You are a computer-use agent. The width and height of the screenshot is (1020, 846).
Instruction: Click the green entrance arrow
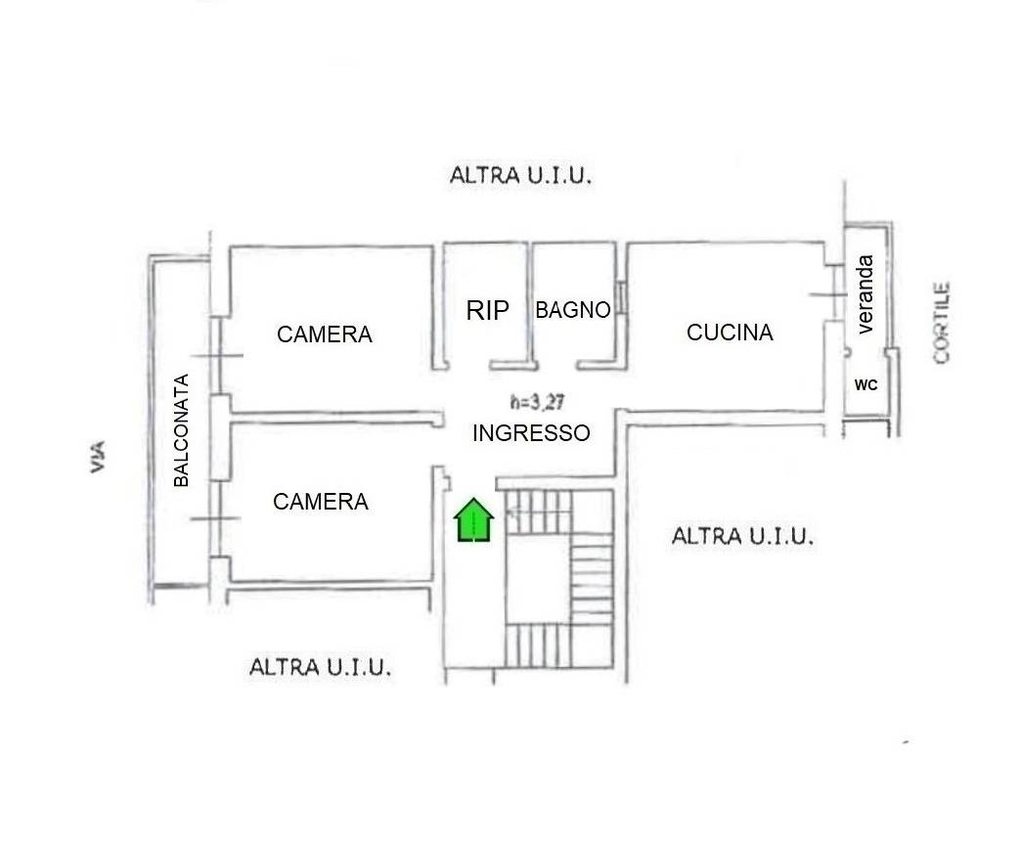coord(474,519)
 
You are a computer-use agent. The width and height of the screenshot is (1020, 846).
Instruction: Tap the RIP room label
coord(488,311)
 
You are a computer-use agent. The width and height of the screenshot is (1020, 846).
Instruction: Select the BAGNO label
coord(573,310)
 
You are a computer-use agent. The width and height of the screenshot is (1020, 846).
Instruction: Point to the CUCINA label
coord(730,333)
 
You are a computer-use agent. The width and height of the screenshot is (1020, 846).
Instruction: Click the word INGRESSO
coord(531,433)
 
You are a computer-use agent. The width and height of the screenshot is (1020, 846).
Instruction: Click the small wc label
coord(866,385)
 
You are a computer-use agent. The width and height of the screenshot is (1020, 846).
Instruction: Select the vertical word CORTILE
coord(942,324)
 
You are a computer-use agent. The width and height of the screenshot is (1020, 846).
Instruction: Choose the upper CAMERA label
coord(325,334)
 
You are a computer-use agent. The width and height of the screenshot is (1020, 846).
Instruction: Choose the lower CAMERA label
coord(321,502)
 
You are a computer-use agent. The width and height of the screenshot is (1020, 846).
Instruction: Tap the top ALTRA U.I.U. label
coord(521,176)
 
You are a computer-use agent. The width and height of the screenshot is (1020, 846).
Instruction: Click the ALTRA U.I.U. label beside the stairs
coord(743,536)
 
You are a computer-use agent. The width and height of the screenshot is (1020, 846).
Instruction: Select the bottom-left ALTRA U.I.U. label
coord(321,668)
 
